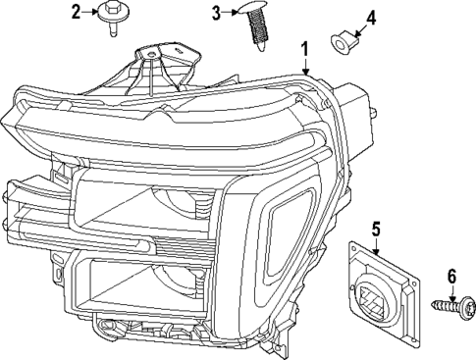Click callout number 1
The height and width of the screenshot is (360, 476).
click(x=305, y=47)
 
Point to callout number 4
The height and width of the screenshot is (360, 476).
click(x=369, y=19)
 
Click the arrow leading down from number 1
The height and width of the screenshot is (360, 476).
click(x=306, y=66)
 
